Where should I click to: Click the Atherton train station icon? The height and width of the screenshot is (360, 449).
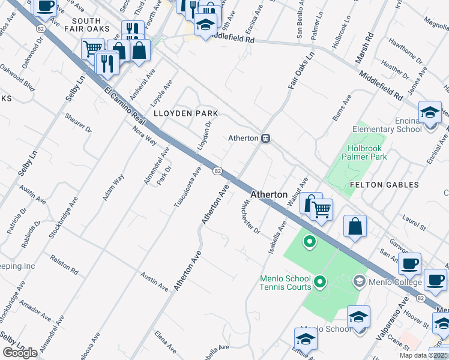point(265,139)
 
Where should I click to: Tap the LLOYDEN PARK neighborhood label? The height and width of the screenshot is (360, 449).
point(184,113)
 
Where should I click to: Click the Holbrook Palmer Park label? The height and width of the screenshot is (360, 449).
point(364,152)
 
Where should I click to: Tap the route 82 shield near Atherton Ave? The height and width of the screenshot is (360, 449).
point(218,171)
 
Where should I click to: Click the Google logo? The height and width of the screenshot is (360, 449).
point(20,353)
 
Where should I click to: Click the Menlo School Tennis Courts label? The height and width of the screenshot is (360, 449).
point(285,283)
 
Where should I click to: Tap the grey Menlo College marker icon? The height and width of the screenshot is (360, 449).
point(359,280)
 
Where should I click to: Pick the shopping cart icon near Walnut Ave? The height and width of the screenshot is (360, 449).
point(322,209)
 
